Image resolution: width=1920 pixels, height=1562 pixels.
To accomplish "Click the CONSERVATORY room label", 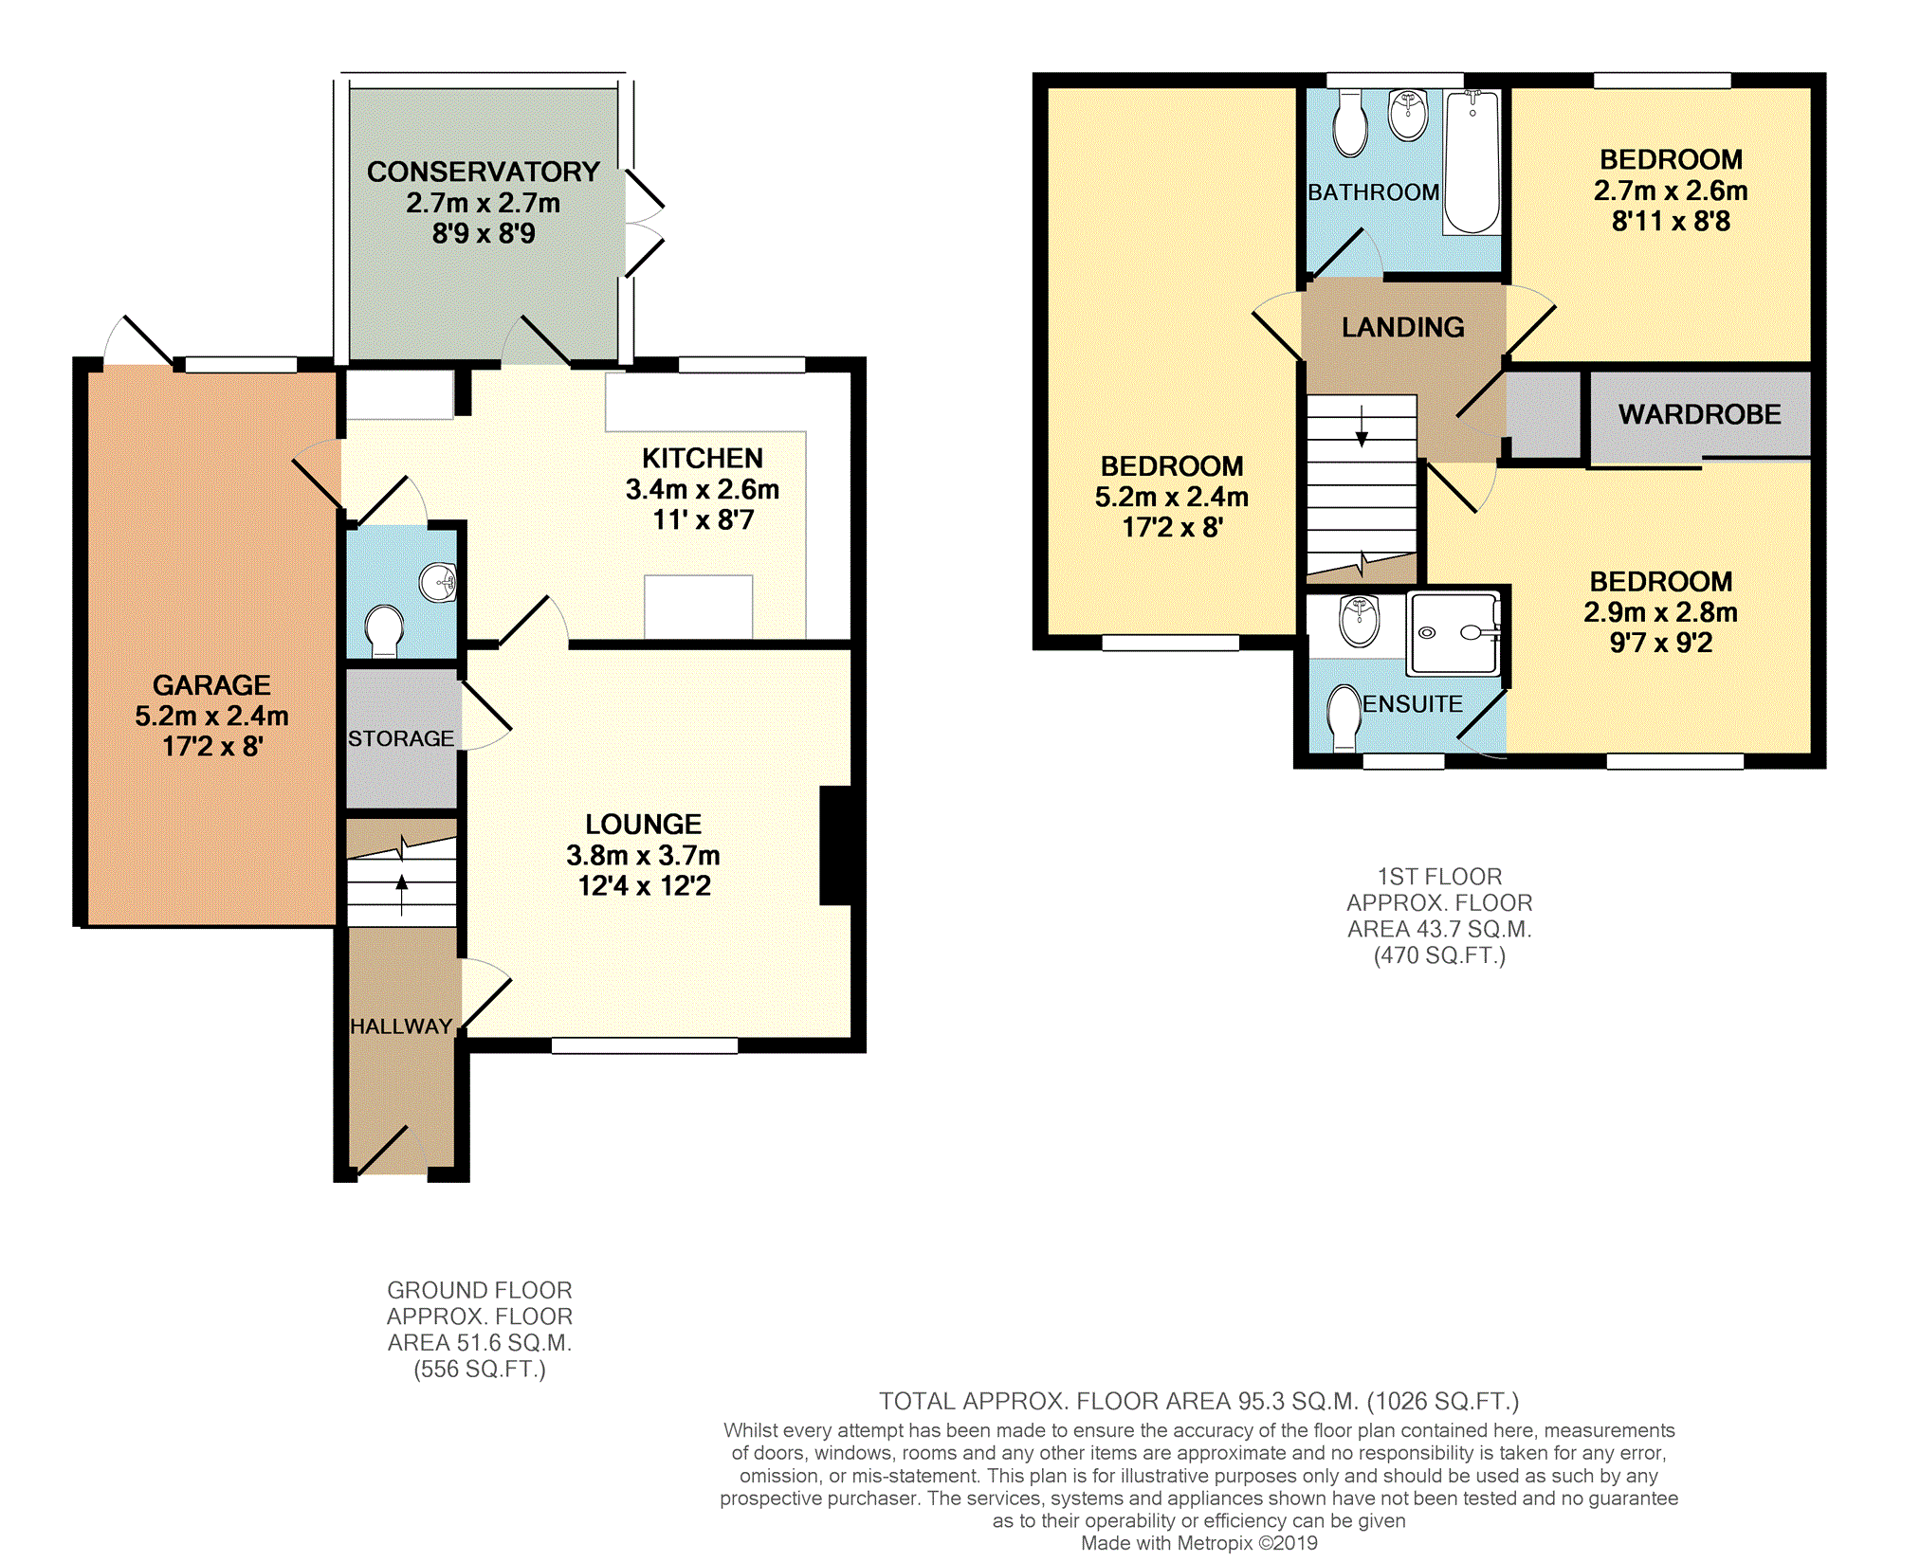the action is pos(484,172).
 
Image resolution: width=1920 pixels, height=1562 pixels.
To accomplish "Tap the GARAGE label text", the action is pos(211,685).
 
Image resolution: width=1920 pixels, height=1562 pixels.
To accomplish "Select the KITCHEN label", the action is pos(703,459).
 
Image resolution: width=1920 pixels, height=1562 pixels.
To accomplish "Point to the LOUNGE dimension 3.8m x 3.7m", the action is pos(644,856).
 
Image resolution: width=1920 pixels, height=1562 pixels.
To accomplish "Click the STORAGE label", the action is pos(401,738).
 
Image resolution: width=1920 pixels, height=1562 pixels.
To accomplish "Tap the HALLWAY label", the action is pos(401,1026).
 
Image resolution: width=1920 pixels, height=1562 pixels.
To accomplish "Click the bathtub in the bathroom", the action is pos(1472,162).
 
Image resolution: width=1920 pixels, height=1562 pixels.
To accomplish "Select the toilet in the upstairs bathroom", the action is pos(1349,123).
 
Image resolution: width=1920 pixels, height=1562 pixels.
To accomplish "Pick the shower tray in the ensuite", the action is pos(1454,633).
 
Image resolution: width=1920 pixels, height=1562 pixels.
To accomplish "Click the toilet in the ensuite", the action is pos(1344,718).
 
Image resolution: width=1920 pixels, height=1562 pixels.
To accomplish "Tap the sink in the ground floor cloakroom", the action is pos(439,583).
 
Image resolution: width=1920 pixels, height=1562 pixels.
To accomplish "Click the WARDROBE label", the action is pos(1700,414).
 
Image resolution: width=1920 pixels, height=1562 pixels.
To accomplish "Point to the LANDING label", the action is pos(1403,327).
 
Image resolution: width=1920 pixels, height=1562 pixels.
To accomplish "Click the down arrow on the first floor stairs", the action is pos(1362,427).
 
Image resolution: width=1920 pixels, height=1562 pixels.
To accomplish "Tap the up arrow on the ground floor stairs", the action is pos(402,895).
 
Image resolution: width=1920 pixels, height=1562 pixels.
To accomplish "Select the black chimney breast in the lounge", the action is pos(835,845).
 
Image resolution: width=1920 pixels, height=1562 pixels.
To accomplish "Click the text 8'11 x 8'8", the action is pos(1672,222).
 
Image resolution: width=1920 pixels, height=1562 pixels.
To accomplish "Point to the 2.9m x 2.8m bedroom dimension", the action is pos(1661,612).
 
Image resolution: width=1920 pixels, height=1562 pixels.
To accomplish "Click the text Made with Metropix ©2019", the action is pos(1199,1543).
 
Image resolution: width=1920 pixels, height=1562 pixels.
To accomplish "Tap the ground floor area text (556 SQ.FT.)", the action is pos(480,1370).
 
